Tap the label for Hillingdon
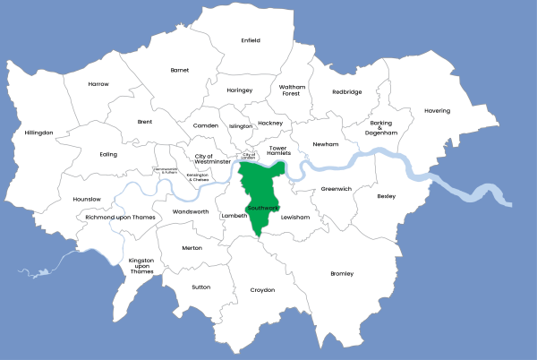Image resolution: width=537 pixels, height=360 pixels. click(x=39, y=133)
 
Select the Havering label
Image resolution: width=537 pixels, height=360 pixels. click(x=438, y=111)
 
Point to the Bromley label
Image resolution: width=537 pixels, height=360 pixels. click(x=342, y=273)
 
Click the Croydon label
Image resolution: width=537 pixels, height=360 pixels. click(x=262, y=290)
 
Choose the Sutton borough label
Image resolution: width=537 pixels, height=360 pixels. click(x=201, y=287)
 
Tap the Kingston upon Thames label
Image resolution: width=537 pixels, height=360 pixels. click(x=142, y=265)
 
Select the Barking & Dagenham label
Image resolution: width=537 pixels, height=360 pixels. click(x=380, y=127)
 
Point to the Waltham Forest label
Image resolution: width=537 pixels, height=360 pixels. click(x=293, y=90)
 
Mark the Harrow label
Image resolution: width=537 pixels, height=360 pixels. click(x=98, y=84)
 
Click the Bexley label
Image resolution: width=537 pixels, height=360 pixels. click(x=386, y=195)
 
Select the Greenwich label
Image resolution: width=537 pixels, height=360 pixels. click(x=337, y=189)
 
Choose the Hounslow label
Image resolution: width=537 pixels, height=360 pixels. click(x=87, y=198)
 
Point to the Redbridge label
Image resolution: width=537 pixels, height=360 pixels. click(x=347, y=91)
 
